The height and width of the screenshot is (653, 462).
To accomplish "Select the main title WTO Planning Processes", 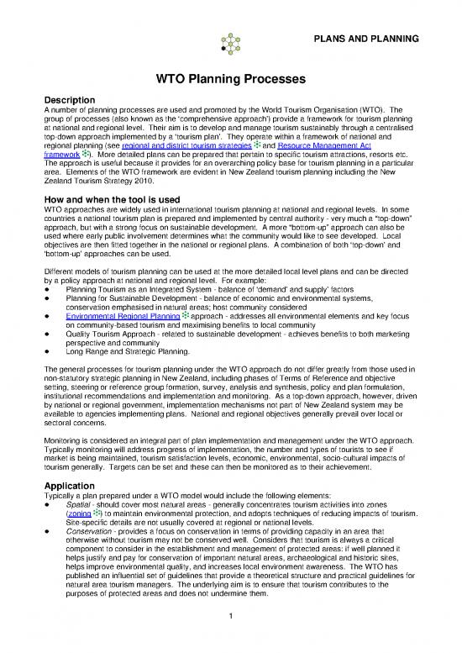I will pos(230,81).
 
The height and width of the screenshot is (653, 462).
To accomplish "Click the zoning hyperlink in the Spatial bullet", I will pos(55,491).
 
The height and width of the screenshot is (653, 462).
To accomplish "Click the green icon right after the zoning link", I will pos(73,490).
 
